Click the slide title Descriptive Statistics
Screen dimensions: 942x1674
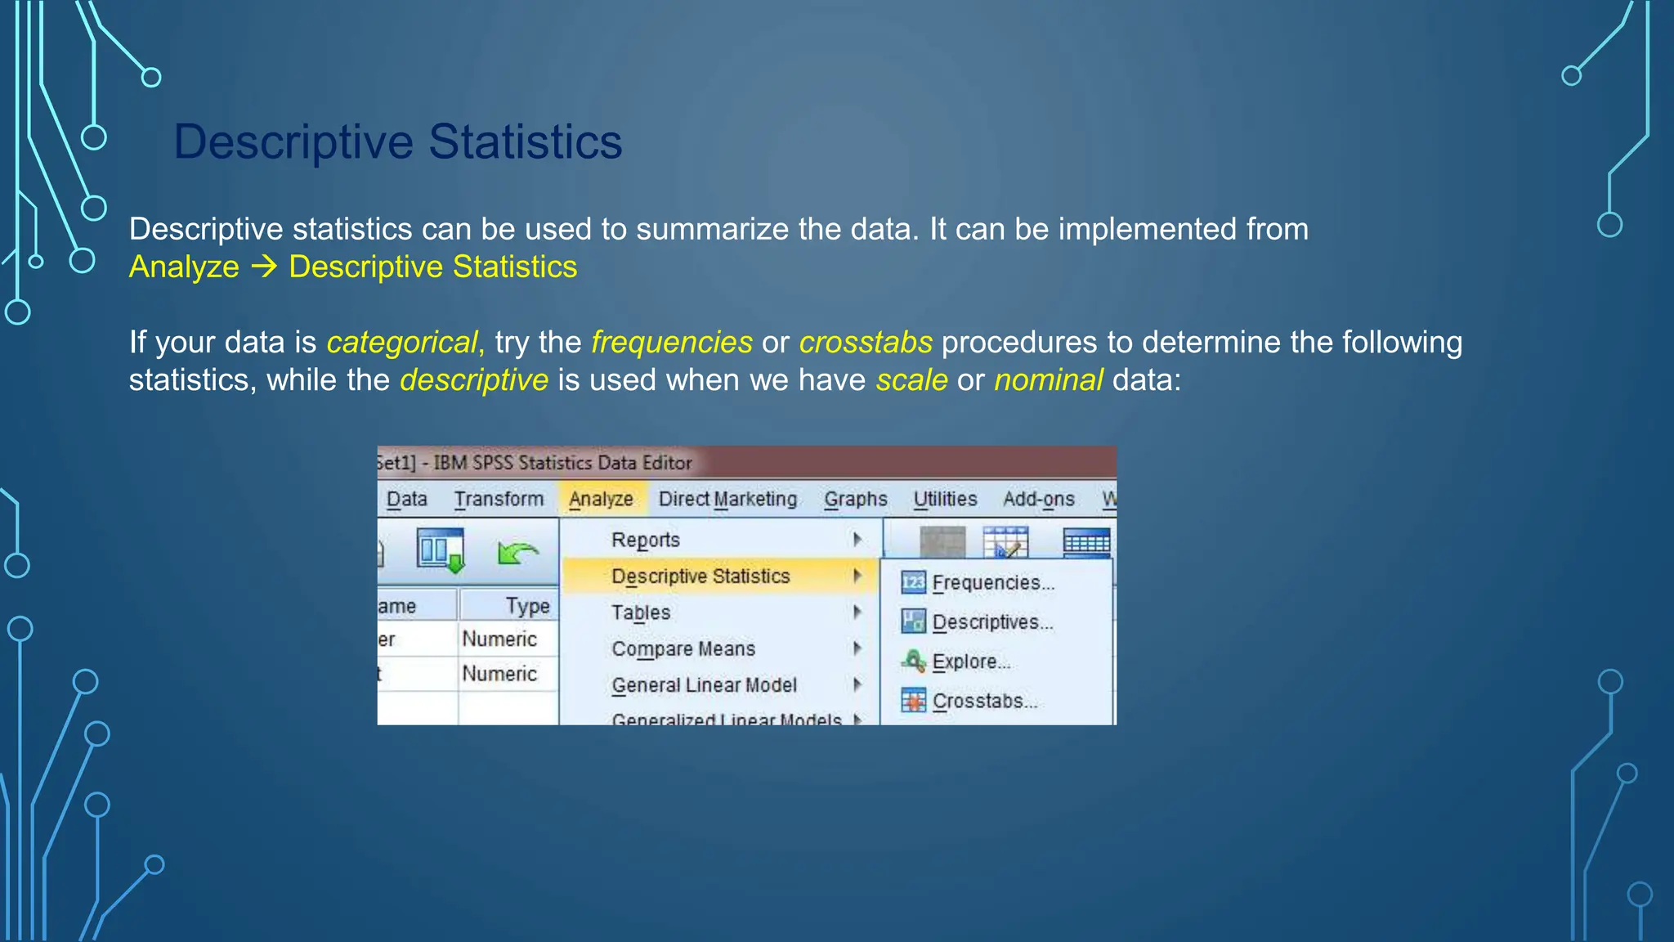coord(398,141)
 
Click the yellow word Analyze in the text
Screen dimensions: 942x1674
coord(184,267)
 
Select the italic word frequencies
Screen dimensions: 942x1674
coord(671,343)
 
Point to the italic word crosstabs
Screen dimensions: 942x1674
coord(866,343)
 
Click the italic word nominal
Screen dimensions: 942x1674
coord(1049,380)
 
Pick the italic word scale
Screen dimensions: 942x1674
coord(911,380)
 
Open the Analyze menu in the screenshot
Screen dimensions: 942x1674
coord(601,499)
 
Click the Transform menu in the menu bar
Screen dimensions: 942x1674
coord(499,499)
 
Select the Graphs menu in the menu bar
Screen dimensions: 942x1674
coord(855,499)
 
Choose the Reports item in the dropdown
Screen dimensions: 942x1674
coord(646,540)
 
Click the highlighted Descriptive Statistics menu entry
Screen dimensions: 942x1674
coord(700,576)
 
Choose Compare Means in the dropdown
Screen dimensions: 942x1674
coord(683,648)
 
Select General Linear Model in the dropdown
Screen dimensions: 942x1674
coord(704,685)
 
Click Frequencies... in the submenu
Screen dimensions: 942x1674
coord(992,583)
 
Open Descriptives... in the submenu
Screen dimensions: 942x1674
coord(991,622)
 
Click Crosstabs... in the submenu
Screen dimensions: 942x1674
coord(984,701)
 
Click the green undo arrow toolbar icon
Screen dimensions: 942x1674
coord(517,554)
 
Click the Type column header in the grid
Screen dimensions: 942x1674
coord(526,606)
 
